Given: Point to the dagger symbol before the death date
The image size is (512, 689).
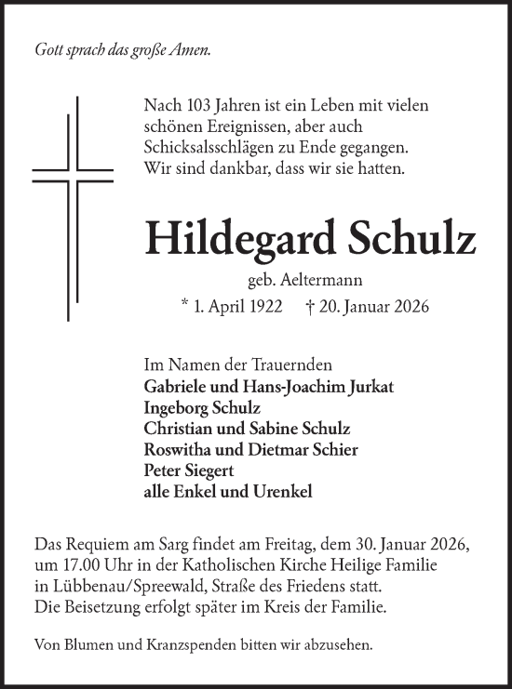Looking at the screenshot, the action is point(310,308).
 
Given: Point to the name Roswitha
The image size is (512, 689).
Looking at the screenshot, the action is point(178,449).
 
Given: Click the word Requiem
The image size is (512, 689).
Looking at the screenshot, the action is point(92,543).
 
